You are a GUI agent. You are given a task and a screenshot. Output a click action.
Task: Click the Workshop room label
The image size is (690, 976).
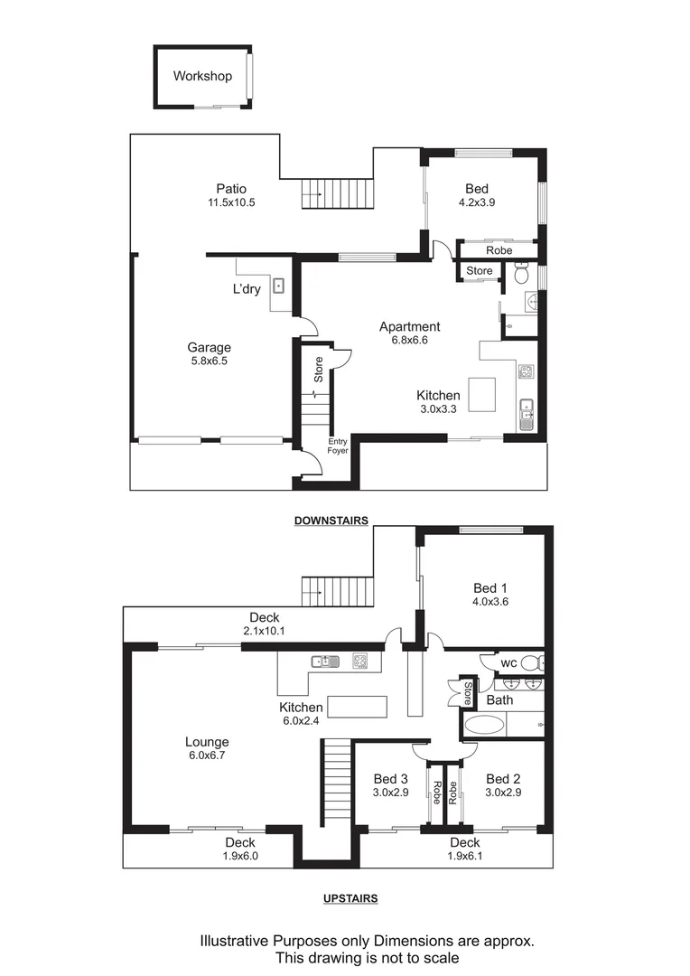click(202, 76)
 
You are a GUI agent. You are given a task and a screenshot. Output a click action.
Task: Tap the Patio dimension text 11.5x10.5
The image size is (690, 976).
click(231, 202)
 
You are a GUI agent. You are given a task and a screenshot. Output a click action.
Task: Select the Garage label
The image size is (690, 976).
click(209, 347)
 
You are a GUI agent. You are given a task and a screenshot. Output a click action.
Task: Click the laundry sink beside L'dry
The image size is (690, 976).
click(280, 286)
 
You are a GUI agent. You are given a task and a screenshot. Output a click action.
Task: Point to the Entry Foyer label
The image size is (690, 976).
click(338, 446)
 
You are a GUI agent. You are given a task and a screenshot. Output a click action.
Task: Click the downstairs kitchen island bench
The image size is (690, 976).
click(482, 394)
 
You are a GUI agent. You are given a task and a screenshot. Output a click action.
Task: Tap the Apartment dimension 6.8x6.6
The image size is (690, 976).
click(409, 341)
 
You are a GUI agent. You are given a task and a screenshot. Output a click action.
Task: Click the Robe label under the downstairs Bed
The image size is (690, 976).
click(499, 250)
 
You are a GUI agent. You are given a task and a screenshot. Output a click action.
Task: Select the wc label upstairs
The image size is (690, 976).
click(508, 663)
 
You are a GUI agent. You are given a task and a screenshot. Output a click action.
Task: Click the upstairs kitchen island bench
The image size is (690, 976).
click(357, 705)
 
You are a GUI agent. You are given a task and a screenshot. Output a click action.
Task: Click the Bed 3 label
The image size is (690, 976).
click(391, 779)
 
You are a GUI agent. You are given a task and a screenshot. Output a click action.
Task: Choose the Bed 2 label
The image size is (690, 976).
click(503, 779)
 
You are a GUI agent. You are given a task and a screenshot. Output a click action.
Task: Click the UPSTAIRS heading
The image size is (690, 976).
click(350, 898)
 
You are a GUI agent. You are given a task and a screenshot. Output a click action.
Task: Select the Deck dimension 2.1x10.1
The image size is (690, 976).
click(265, 631)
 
